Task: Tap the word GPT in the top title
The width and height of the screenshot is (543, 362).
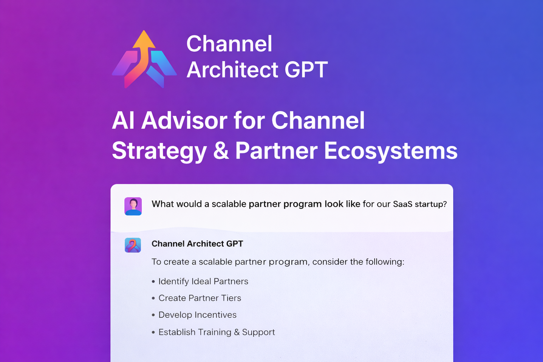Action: (306, 70)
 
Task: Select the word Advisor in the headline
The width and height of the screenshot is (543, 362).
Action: (184, 121)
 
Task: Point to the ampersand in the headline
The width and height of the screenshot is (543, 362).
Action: (221, 151)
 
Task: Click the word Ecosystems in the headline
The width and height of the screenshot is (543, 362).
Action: (391, 151)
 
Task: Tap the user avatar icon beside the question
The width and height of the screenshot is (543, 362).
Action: (133, 206)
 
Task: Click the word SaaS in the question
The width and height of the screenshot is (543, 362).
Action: (403, 204)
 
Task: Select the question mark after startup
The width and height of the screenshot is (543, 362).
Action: (445, 204)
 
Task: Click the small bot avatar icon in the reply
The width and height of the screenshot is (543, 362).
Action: (133, 245)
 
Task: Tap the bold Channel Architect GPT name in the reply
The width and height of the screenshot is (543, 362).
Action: (197, 244)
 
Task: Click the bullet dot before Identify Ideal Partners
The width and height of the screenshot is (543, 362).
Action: (153, 282)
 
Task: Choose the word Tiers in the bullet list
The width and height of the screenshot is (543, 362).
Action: (231, 298)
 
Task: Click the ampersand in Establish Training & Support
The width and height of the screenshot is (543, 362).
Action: (237, 332)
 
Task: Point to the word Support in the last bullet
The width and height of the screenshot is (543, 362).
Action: (258, 333)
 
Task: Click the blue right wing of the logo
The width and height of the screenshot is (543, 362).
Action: (163, 63)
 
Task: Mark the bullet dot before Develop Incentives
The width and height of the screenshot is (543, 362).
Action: (153, 315)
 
